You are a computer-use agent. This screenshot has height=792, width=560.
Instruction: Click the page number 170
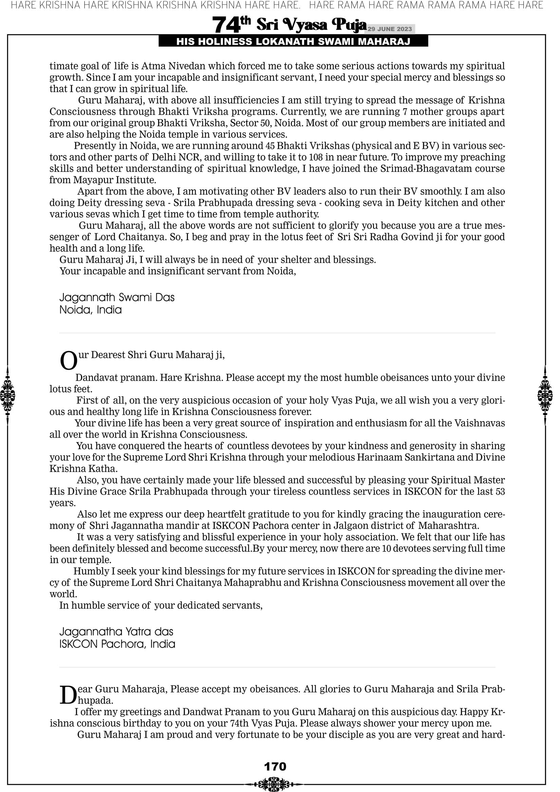275,766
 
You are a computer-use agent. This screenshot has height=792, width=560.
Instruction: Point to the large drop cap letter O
69,361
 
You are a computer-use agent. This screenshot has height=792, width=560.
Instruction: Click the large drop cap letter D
68,695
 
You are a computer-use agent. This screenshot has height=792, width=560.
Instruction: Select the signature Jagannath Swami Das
117,297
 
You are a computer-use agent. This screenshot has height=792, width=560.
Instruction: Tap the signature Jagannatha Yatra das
116,631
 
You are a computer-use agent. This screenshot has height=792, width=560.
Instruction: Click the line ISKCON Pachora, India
117,644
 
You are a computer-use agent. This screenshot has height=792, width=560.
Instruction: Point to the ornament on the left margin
7,395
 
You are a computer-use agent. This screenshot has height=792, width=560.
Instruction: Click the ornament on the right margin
545,395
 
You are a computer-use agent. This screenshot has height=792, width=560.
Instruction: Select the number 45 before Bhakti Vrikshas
270,146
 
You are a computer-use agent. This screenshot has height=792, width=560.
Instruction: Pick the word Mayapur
93,180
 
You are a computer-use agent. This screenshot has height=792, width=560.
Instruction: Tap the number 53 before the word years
500,491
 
